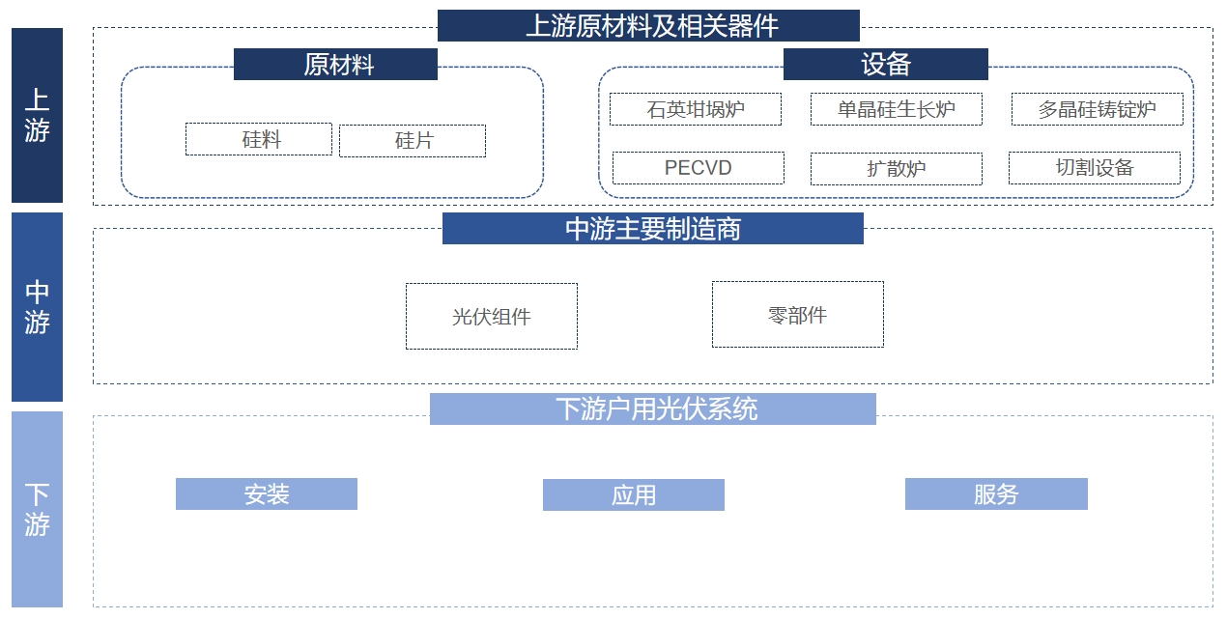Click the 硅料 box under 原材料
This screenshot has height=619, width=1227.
pos(259,139)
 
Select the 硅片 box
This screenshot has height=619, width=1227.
pos(413,141)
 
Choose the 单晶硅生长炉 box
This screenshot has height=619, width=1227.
pos(896,109)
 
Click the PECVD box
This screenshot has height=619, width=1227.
pos(699,168)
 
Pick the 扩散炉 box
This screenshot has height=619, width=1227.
pos(896,169)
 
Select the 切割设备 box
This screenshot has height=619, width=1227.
pos(1094,168)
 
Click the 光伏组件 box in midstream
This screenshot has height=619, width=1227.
pos(492,316)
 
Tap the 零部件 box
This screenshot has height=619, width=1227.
pos(797,314)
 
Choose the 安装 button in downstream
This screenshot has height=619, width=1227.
pos(267,494)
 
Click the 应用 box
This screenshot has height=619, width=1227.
pos(633,495)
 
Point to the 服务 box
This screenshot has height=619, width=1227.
pos(996,494)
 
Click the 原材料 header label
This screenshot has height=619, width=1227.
pos(335,65)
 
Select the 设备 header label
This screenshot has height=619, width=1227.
pos(885,65)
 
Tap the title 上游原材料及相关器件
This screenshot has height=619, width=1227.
pos(647,25)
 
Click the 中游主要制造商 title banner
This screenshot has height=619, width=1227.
pos(652,229)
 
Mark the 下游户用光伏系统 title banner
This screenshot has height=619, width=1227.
pos(652,409)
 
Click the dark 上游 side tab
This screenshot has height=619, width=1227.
pos(37,115)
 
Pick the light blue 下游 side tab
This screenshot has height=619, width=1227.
pos(37,509)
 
